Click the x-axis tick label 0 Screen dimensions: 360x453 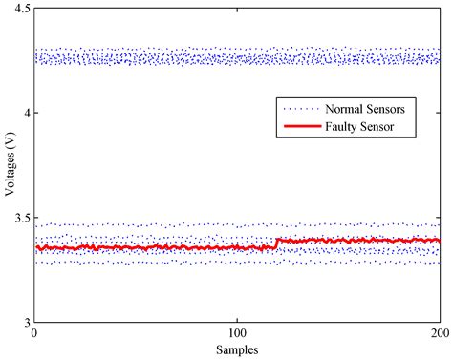coord(34,334)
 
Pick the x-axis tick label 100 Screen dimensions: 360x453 coord(237,334)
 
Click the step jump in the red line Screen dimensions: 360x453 coord(276,244)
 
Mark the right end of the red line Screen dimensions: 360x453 coord(439,241)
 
